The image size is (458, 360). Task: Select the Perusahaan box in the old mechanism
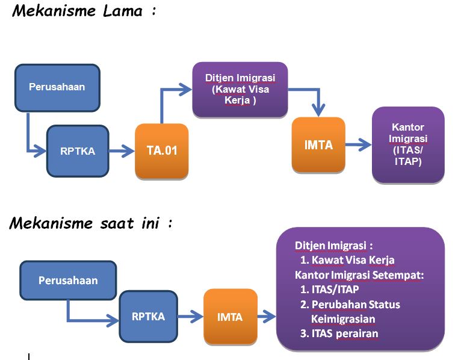(x=57, y=87)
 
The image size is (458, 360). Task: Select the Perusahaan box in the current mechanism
(x=68, y=281)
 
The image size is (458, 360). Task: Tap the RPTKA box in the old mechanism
(x=78, y=151)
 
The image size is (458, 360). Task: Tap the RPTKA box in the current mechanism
(x=148, y=316)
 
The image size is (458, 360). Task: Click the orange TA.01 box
(x=162, y=151)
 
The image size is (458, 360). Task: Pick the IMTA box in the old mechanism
(x=318, y=145)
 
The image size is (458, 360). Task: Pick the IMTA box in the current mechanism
(x=230, y=317)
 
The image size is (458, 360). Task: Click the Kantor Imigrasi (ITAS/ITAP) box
(x=407, y=144)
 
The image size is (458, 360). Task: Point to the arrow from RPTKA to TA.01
(x=122, y=152)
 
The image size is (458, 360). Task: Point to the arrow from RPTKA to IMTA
(x=190, y=317)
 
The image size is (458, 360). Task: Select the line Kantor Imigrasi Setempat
(x=359, y=275)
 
